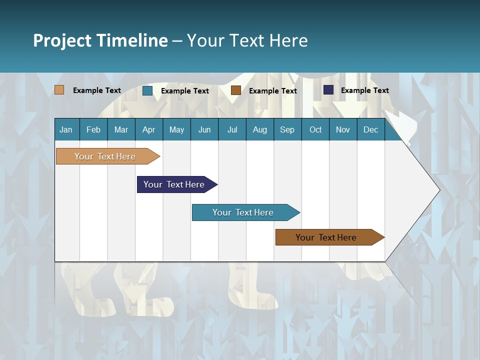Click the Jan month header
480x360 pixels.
point(66,129)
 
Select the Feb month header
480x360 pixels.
point(93,129)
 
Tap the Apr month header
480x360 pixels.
point(148,129)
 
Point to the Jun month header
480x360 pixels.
point(204,129)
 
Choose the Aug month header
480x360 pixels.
point(260,129)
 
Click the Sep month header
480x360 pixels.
point(287,129)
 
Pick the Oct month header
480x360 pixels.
point(315,129)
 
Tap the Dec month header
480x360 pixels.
point(370,129)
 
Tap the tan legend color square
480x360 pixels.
point(59,90)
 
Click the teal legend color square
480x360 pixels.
point(147,90)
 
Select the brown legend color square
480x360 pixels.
point(236,90)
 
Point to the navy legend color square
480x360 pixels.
point(328,90)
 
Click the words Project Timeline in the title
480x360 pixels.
point(100,40)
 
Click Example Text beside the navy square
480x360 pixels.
point(364,90)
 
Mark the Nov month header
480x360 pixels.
point(343,129)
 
